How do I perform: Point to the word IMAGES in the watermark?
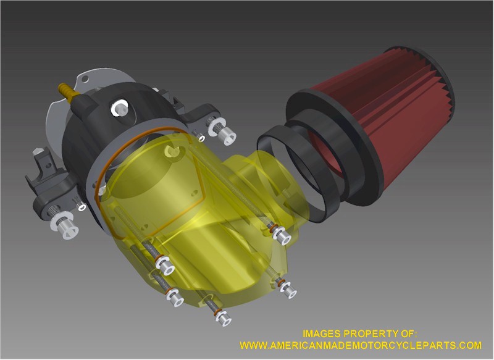322,333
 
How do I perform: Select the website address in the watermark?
361,345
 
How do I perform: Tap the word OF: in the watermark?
409,333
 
